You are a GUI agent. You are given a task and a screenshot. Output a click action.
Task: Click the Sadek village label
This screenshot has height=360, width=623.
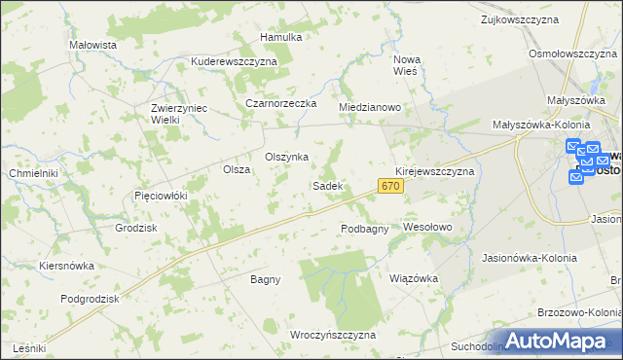tap(326, 185)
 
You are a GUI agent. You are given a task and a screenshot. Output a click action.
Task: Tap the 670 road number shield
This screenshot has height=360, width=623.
tap(391, 186)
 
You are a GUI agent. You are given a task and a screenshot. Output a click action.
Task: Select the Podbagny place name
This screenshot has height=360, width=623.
tap(365, 229)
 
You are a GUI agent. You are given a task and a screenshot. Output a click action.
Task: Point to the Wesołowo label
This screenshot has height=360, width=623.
tap(428, 227)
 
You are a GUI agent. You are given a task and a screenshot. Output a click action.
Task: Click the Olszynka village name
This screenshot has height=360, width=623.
tap(287, 157)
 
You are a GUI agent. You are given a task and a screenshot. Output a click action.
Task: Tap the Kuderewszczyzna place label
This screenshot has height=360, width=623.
tap(235, 60)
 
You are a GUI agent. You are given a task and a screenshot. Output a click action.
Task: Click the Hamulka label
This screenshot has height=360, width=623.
tap(281, 37)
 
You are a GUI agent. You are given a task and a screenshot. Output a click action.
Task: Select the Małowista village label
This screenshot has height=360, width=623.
tap(93, 45)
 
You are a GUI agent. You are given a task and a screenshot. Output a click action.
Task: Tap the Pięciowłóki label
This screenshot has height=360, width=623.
tap(160, 196)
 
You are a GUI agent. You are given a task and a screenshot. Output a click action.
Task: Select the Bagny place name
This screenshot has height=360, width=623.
tap(265, 279)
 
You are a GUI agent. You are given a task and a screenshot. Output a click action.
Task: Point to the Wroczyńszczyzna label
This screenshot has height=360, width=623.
tap(333, 335)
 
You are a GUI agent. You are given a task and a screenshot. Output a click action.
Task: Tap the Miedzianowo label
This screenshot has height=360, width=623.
tap(370, 107)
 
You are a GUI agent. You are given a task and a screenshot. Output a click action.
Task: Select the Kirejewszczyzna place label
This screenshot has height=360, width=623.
tap(434, 171)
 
